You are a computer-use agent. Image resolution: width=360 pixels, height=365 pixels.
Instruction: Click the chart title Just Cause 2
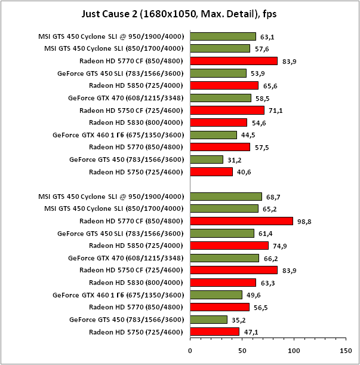point(180,13)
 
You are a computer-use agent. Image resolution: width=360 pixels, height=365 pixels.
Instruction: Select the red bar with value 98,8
point(241,221)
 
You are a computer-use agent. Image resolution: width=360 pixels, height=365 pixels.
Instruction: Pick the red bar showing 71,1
point(227,110)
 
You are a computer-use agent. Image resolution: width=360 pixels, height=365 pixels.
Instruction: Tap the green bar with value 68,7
point(226,197)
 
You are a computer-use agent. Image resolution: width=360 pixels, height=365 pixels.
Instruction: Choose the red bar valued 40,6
point(211,172)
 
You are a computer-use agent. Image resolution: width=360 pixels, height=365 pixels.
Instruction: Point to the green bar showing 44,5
point(213,135)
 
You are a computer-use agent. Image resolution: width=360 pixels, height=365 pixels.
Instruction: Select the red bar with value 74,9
point(229,246)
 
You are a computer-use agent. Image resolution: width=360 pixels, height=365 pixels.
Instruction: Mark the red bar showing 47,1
point(214,332)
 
